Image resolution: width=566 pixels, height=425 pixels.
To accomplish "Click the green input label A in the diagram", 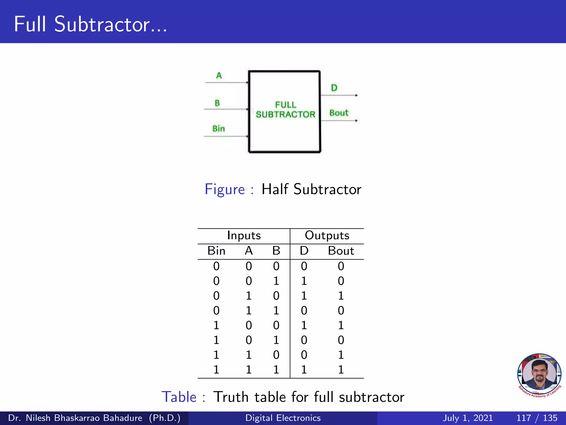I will click(219, 76).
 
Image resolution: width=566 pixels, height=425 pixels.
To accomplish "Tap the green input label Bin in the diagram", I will click(219, 129).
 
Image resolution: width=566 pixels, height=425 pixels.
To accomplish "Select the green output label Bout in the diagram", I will click(339, 113).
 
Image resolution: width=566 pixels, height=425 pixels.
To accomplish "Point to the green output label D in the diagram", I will click(334, 88).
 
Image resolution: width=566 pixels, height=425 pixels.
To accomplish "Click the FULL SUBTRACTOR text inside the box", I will click(285, 110).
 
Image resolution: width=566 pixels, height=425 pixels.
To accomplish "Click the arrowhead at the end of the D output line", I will click(357, 95).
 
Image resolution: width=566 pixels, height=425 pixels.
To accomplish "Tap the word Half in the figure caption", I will click(275, 190).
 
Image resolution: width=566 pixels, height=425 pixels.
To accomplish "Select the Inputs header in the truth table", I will click(244, 235).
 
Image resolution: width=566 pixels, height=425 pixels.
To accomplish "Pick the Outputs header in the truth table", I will click(327, 235).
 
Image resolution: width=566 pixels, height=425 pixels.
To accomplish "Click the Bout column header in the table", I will click(341, 251).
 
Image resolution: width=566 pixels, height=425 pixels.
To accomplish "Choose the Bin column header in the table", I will click(216, 251).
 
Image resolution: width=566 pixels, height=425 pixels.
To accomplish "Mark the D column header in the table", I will click(304, 251).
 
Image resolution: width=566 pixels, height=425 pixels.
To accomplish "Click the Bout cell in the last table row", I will click(341, 370).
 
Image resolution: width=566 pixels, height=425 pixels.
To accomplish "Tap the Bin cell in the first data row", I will click(216, 266).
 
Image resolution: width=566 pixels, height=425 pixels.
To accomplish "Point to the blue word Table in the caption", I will click(179, 397).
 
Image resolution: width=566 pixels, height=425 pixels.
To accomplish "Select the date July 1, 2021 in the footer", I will click(468, 418).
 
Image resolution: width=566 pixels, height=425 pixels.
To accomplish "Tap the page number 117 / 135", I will click(537, 418).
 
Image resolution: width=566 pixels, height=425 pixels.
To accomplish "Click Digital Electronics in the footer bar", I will click(283, 418).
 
